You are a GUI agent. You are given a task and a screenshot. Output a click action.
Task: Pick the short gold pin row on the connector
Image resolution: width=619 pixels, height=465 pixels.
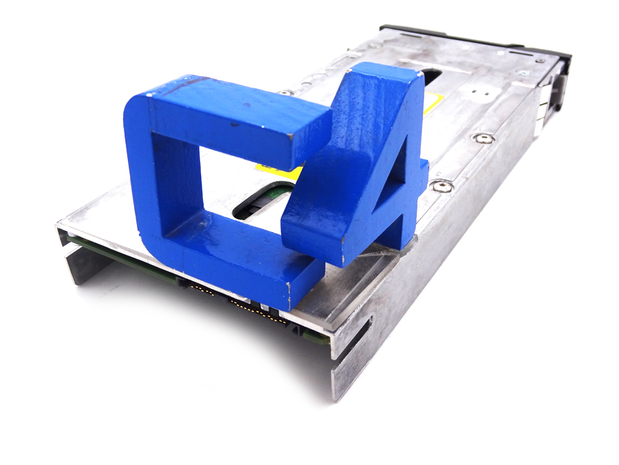(x=204, y=291)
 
